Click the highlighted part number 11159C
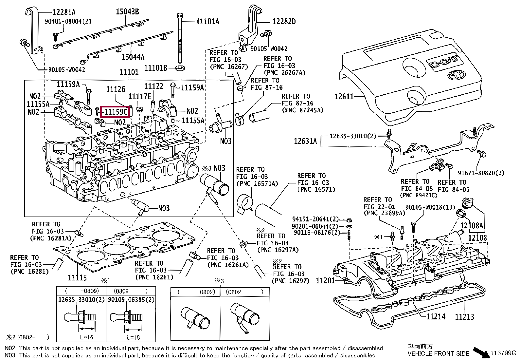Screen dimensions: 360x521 point(116,112)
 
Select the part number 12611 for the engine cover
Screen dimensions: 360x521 point(344,97)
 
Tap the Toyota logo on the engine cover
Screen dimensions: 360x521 point(456,75)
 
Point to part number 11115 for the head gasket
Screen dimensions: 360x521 point(77,278)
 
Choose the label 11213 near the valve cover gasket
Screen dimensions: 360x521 point(464,316)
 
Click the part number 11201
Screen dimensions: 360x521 point(326,280)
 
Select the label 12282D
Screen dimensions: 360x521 point(284,22)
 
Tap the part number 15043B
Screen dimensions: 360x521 point(127,12)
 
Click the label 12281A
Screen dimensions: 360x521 point(64,12)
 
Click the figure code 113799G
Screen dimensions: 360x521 point(503,353)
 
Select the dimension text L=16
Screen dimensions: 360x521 point(87,337)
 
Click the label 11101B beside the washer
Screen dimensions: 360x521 point(156,68)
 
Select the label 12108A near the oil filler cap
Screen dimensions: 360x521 point(472,225)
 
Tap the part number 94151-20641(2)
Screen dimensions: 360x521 point(315,219)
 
